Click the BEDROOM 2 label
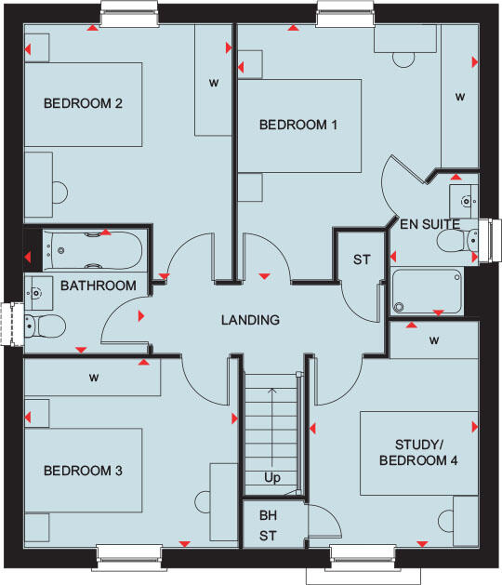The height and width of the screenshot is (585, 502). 84,103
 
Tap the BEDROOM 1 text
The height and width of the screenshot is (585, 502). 297,125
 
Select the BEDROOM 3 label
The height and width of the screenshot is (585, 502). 84,471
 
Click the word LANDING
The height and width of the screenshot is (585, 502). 250,320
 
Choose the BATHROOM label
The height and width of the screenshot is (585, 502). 99,286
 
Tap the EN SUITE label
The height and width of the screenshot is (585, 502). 430,223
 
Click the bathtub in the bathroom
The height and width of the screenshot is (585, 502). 93,249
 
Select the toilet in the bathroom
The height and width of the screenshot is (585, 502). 46,326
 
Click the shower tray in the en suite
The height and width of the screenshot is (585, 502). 427,291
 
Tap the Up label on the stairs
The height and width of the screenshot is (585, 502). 272,478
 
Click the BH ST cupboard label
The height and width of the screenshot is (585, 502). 268,526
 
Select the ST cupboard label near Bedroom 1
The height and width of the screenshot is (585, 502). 361,260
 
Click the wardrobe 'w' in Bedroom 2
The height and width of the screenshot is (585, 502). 213,83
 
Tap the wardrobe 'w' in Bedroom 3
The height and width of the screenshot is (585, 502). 94,378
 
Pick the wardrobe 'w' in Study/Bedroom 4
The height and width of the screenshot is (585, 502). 434,340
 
